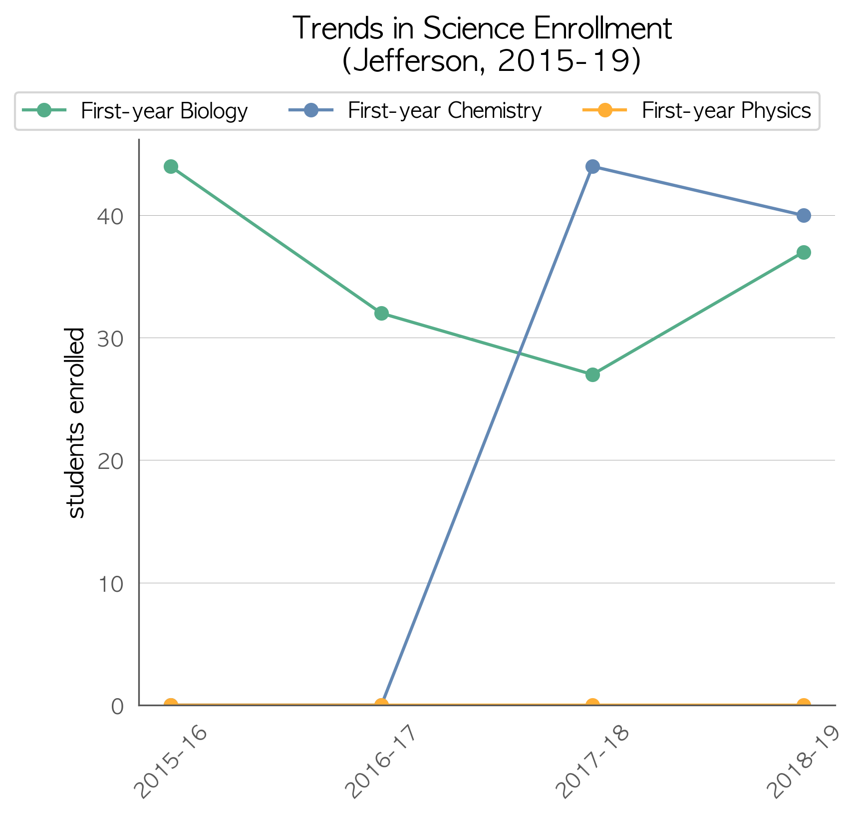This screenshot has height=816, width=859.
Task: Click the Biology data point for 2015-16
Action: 171,167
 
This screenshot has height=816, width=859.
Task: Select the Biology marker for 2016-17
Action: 381,314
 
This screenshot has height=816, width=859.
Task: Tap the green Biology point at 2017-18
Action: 592,375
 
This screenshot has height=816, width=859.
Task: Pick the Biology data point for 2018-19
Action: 804,252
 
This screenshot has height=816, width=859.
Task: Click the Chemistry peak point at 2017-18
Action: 592,167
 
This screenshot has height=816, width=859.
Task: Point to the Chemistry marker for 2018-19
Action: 804,216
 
